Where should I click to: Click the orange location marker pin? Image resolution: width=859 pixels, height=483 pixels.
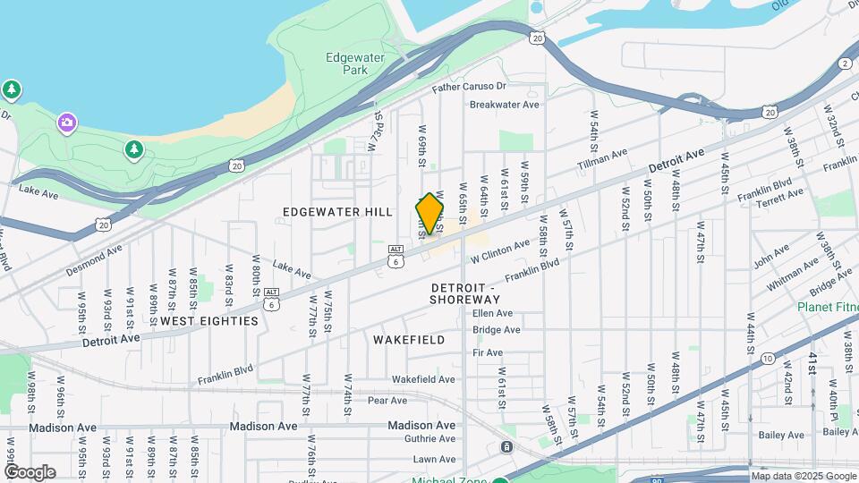[429, 214]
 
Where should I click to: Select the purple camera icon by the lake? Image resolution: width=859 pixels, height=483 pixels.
[66, 122]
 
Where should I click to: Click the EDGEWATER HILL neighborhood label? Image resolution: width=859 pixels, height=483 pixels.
[337, 212]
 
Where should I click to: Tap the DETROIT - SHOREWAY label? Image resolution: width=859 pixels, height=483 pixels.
[465, 292]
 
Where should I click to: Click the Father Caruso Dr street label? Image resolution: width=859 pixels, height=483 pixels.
[469, 88]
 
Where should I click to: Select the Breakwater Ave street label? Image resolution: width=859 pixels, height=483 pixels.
[505, 104]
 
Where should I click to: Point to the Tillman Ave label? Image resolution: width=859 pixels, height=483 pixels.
[601, 158]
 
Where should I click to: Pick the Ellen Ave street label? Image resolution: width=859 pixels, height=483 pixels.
[492, 313]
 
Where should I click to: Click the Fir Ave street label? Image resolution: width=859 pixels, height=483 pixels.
[487, 353]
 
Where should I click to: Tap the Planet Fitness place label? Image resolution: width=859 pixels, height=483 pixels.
[828, 308]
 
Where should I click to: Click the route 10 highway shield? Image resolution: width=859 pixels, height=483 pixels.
[768, 358]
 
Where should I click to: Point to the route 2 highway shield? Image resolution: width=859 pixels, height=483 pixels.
[845, 63]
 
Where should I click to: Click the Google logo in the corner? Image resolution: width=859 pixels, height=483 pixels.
[29, 472]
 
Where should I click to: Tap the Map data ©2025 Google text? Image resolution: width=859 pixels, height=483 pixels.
[803, 476]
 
